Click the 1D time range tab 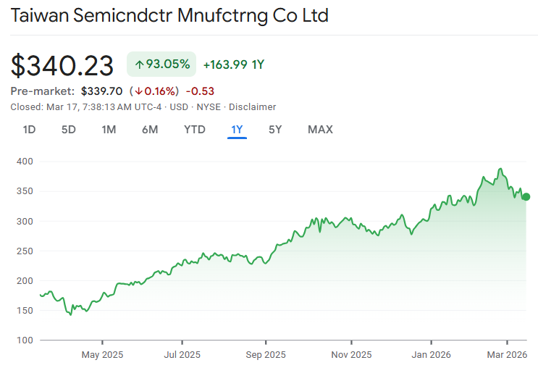pos(29,130)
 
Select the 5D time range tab pos(68,130)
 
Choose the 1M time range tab pos(109,130)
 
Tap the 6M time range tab pos(150,130)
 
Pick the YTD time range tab pos(194,130)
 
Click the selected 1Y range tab pos(237,130)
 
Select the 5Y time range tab pos(275,130)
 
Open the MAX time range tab pos(320,130)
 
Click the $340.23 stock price pos(62,65)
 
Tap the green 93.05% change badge pos(161,64)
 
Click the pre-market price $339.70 pos(101,91)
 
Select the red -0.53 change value pos(200,91)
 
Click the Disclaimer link pos(253,106)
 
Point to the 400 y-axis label pos(25,162)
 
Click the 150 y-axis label pos(25,310)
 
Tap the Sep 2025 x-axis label pos(265,354)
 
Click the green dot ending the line pos(526,196)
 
